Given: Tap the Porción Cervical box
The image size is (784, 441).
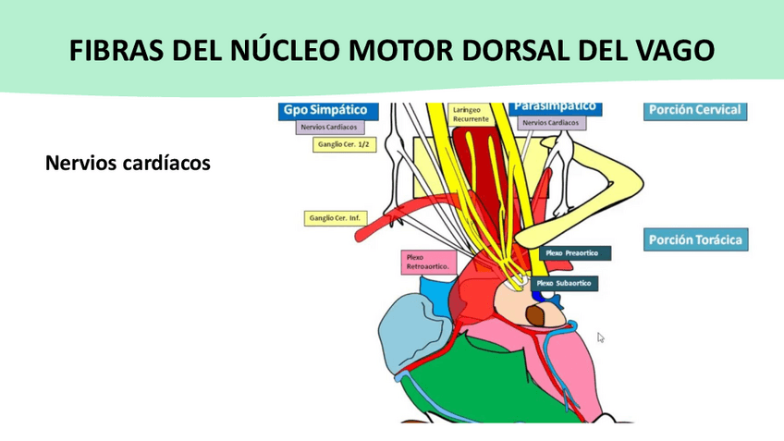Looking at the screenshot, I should (694, 110).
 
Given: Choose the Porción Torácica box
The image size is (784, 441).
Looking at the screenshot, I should (695, 240).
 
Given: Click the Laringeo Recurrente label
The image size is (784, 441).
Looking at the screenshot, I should (472, 115).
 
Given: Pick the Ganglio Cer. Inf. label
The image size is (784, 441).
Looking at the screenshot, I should (336, 219).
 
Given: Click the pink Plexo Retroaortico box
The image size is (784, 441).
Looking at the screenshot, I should (427, 262).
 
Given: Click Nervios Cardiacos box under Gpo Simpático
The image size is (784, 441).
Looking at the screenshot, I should (329, 128).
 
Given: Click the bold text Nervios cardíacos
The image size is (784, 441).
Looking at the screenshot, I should (128, 164).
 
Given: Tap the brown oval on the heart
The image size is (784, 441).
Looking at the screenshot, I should (536, 315).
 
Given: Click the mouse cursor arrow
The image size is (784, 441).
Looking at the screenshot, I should (601, 338).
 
